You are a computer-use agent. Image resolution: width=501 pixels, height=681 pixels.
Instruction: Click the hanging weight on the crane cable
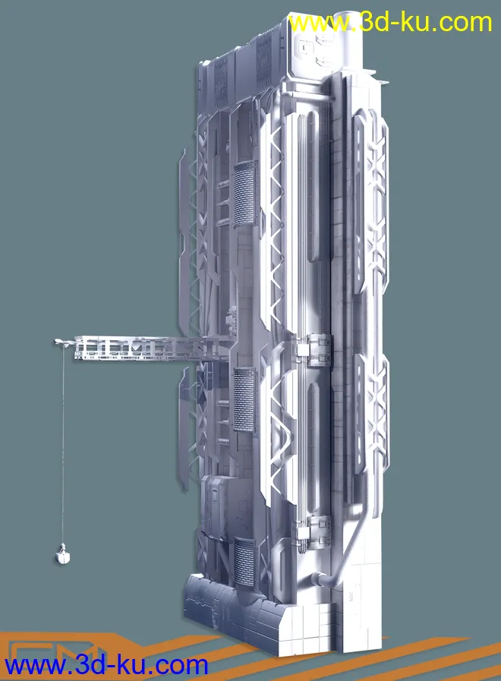(x=63, y=554)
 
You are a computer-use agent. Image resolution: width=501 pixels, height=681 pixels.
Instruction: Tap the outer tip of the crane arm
(x=55, y=342)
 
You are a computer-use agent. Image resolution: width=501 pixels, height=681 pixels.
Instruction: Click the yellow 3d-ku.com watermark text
(x=390, y=22)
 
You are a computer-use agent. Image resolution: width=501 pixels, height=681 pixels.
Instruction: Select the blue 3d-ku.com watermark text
(x=106, y=665)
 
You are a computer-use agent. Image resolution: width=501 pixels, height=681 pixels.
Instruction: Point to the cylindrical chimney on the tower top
(x=348, y=40)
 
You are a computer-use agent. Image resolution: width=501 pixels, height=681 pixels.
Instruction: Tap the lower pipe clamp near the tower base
(x=312, y=531)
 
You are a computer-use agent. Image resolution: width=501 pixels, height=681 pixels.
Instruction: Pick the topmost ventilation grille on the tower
(x=244, y=195)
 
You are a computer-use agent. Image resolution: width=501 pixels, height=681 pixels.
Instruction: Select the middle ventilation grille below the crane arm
(x=245, y=399)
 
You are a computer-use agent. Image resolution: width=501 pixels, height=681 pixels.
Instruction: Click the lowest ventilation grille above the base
(x=244, y=560)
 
